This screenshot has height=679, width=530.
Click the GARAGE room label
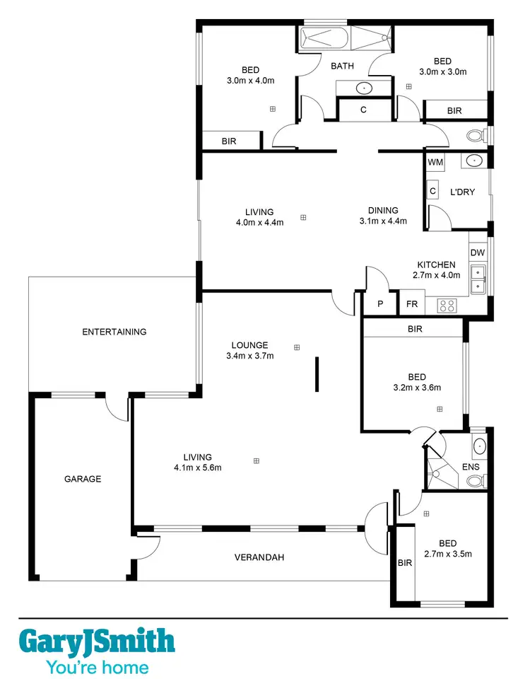click(83, 479)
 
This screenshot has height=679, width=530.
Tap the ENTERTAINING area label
click(114, 332)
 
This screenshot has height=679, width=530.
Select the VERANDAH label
click(259, 557)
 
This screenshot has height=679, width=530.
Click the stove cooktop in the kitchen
click(447, 306)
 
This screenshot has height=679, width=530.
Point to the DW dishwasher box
click(478, 253)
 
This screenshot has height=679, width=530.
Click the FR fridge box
click(411, 305)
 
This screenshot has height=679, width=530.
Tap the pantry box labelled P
click(380, 305)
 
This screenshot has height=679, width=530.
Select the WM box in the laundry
click(435, 162)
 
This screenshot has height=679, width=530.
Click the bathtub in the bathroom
click(326, 39)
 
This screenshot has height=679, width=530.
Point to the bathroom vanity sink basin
click(363, 88)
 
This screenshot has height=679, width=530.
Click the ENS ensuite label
click(471, 467)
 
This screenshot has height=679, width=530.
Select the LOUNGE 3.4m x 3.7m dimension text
click(249, 356)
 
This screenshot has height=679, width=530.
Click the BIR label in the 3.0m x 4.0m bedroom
click(229, 141)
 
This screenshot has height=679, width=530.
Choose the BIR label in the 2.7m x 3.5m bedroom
click(405, 563)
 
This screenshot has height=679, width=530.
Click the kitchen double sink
click(478, 279)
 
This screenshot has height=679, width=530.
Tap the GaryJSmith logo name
click(96, 642)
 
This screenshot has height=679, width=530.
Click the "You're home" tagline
click(97, 667)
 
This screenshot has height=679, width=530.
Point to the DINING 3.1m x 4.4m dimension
click(383, 221)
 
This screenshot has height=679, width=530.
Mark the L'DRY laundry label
click(462, 192)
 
